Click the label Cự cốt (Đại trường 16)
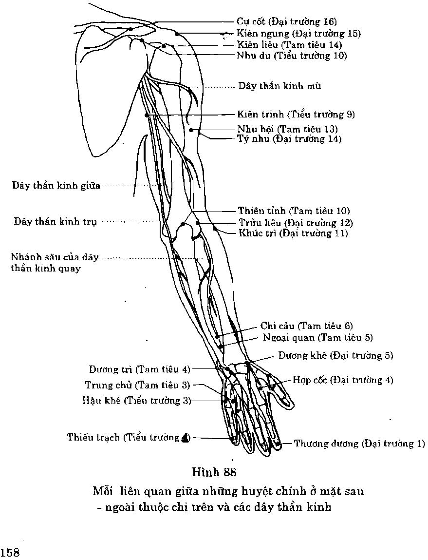(x=287, y=22)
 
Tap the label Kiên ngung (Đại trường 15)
(x=298, y=34)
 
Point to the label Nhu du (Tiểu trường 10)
(x=292, y=56)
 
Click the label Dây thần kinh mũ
(x=279, y=86)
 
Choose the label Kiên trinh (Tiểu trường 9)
(x=296, y=115)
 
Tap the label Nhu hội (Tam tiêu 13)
(x=287, y=129)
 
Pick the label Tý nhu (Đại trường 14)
(x=289, y=139)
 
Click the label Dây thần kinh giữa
(x=56, y=186)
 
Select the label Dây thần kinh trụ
(x=55, y=221)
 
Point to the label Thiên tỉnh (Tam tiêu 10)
(x=294, y=211)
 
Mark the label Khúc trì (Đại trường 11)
(x=293, y=233)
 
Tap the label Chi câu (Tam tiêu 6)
(x=307, y=326)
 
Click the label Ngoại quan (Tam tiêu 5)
(x=317, y=337)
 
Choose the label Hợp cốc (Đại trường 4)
(x=343, y=380)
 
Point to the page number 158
(x=10, y=553)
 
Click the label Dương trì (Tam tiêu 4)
(x=139, y=369)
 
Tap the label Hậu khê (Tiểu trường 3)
(x=137, y=401)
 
